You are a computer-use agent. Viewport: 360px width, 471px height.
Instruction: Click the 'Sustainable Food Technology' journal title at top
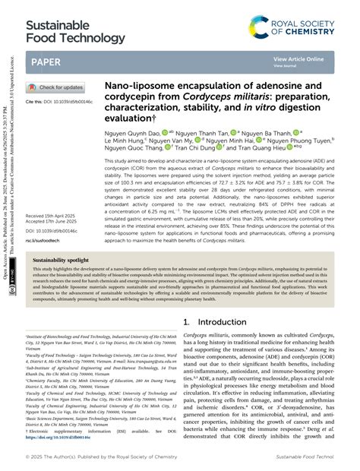[x=74, y=30]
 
